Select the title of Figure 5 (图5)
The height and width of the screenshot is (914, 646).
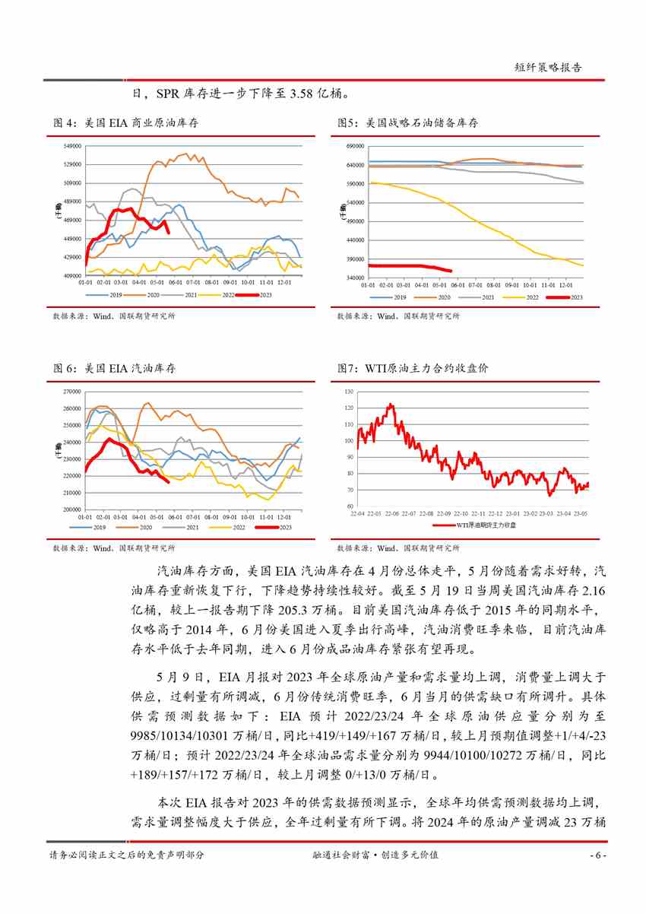coord(407,123)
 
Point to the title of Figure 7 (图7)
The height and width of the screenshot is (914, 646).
coord(413,369)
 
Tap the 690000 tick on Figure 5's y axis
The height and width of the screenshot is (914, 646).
coord(356,146)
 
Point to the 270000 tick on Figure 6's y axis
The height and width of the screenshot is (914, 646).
coord(72,392)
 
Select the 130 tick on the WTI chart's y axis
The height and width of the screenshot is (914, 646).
coord(349,392)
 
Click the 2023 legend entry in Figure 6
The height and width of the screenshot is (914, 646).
coord(275,527)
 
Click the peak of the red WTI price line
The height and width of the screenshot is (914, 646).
coord(391,405)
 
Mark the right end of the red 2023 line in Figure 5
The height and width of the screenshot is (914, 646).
coord(451,271)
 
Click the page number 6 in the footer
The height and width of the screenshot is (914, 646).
coord(597,855)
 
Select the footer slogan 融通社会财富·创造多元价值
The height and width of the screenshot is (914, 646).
coord(376,855)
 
